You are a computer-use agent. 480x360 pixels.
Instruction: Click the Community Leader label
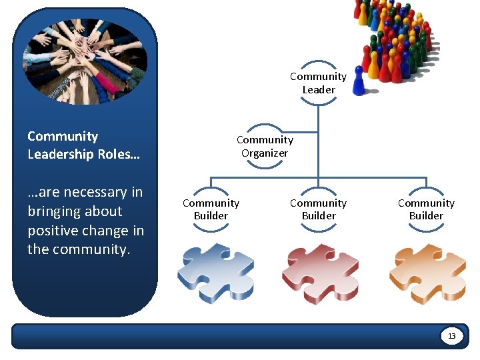(x=318, y=83)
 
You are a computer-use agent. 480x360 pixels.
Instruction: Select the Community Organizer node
(x=265, y=147)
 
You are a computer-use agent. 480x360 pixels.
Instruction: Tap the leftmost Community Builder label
(x=211, y=209)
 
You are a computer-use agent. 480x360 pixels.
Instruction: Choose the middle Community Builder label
(x=318, y=209)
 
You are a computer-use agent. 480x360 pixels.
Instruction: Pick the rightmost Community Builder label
(x=426, y=209)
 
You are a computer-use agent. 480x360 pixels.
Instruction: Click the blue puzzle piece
(x=215, y=273)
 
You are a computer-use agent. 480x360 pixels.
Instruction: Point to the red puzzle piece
(x=320, y=273)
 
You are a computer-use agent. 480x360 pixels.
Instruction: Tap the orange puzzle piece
(x=427, y=273)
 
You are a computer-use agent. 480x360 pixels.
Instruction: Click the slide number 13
(x=451, y=336)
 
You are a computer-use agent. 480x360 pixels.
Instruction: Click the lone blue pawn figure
(x=359, y=81)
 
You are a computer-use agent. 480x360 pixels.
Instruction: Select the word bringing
(x=51, y=211)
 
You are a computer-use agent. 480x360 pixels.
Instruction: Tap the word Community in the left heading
(x=63, y=137)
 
